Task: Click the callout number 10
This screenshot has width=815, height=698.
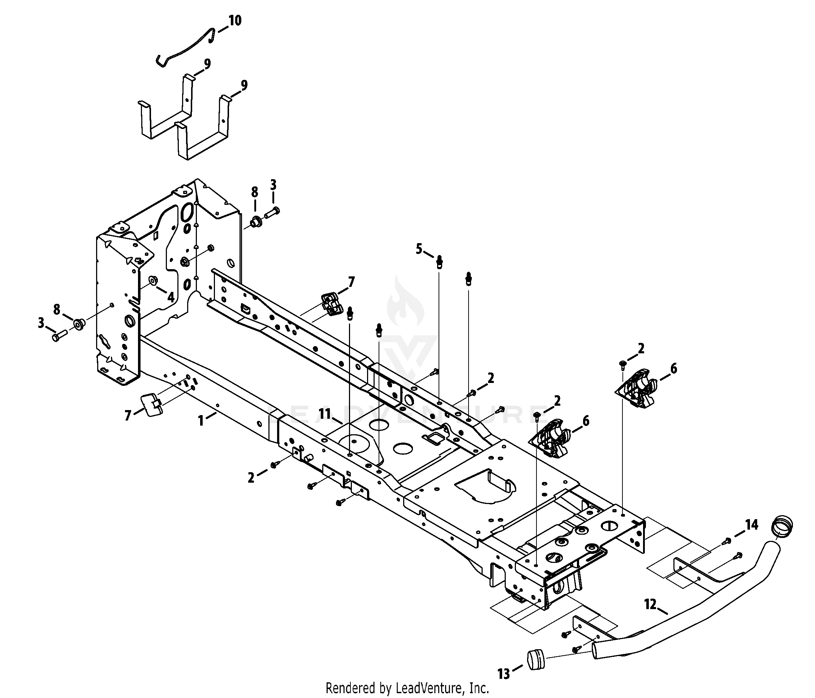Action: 235,21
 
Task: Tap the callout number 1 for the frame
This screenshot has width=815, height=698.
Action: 201,421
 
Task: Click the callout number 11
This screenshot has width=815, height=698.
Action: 325,414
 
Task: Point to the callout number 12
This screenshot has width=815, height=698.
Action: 651,604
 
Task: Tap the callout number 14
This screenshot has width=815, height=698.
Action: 752,525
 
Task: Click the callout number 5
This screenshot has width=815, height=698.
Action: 419,249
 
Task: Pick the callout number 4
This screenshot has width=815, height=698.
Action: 171,297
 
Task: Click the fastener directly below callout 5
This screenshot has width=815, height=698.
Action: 440,262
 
